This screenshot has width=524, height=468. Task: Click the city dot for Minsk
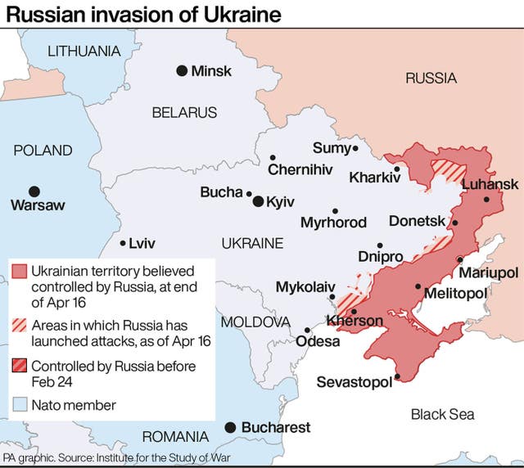(x=181, y=71)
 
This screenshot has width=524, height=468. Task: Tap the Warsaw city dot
(x=34, y=190)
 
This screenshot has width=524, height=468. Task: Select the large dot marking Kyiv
(x=258, y=201)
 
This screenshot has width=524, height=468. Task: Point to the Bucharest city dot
(x=231, y=427)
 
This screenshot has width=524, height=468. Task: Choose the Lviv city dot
(x=123, y=243)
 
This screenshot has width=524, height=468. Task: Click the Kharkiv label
(x=375, y=177)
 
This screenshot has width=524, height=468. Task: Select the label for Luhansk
(x=490, y=185)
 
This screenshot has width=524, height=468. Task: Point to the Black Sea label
(x=442, y=414)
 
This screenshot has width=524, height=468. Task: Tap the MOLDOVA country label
(x=256, y=321)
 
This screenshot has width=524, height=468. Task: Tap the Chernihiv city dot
(x=273, y=158)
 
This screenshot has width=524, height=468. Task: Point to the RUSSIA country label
(x=431, y=79)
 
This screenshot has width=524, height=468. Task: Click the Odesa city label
(x=317, y=341)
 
